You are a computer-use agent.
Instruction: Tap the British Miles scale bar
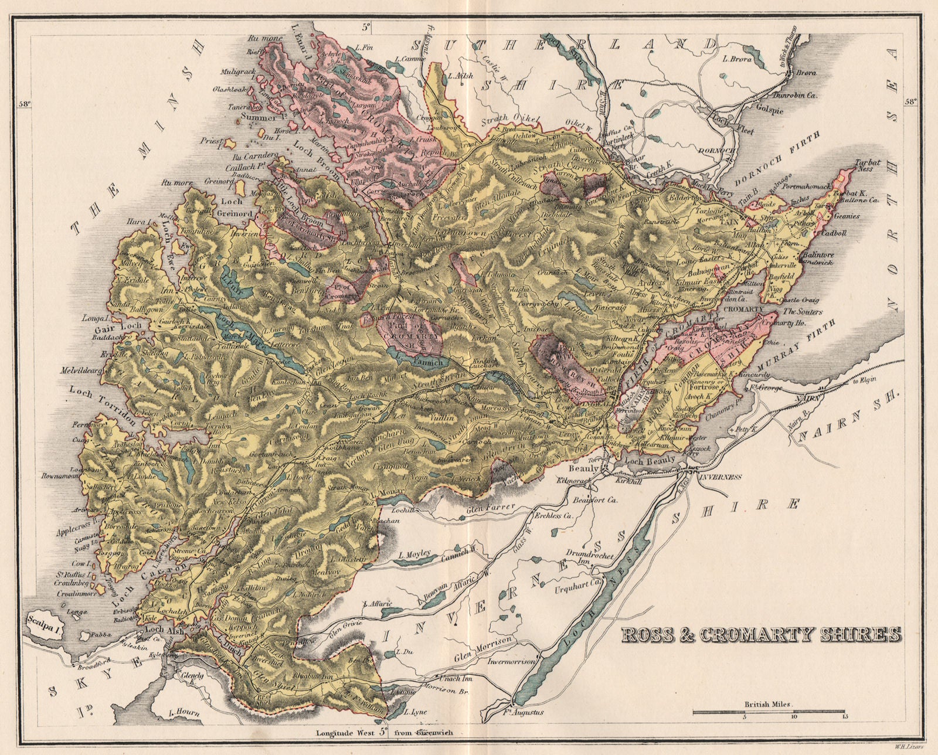pos(769,712)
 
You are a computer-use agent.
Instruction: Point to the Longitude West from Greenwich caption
pos(384,732)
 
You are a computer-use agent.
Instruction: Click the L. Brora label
pos(738,58)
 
